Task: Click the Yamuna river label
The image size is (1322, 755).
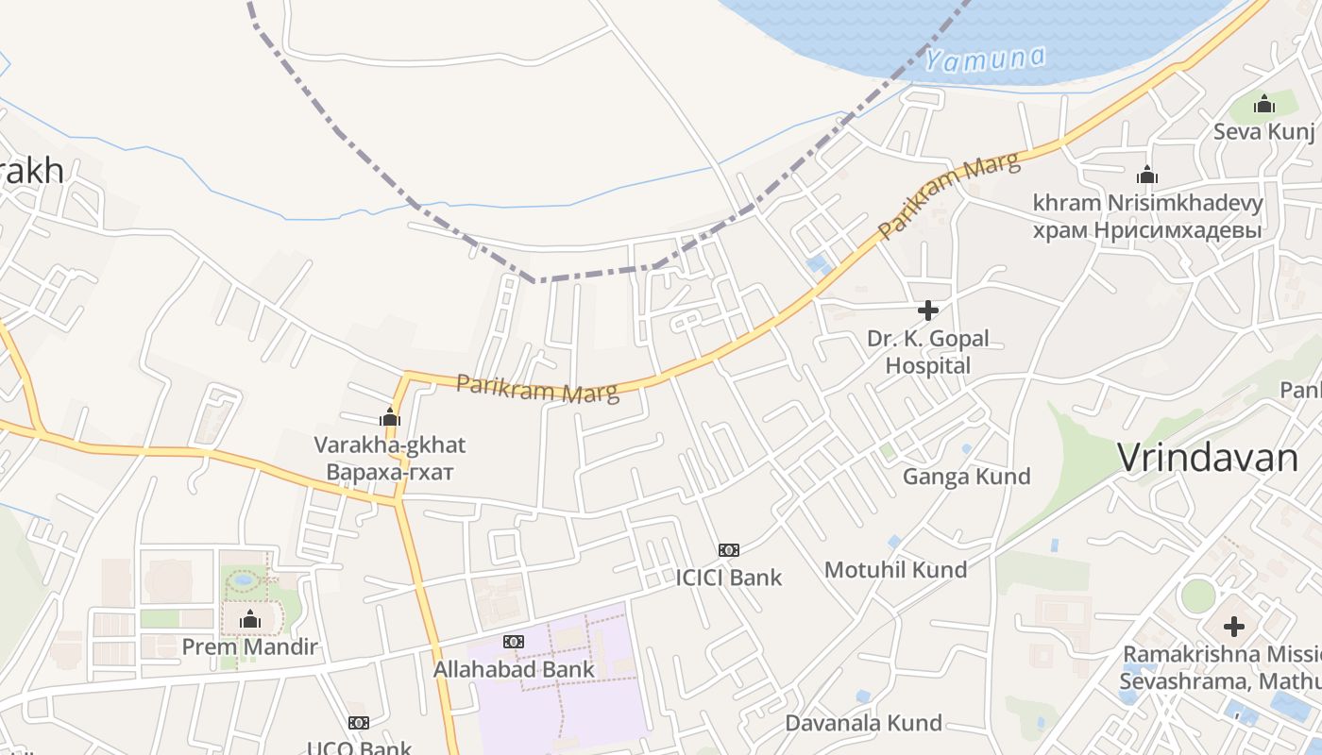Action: pos(985,59)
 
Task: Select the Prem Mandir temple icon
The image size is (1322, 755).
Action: pos(250,619)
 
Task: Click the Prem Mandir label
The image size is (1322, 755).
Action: pos(249,647)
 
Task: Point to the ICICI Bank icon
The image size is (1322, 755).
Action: pos(728,549)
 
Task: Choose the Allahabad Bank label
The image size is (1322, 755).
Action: pos(514,669)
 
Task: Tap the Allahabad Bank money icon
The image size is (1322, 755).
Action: pos(514,642)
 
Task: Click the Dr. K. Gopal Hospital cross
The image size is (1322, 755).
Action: pos(928,310)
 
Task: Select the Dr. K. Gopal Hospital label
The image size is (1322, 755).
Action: pos(928,352)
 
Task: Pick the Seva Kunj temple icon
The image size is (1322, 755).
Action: pos(1264,104)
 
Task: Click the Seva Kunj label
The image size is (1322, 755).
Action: pos(1263,131)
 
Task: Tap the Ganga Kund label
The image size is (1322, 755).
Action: pos(966,476)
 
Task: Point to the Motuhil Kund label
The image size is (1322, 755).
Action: pos(895,569)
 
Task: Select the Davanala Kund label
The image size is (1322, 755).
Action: pos(864,723)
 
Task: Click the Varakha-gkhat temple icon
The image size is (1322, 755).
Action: pos(390,416)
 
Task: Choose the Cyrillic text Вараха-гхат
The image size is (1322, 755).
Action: pos(390,471)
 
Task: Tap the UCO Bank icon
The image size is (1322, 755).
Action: pos(359,723)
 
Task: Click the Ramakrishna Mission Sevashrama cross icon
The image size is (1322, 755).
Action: pos(1234,626)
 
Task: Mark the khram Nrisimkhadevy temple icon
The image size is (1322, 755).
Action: pos(1147,175)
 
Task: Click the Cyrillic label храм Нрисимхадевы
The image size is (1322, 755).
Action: pos(1147,229)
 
